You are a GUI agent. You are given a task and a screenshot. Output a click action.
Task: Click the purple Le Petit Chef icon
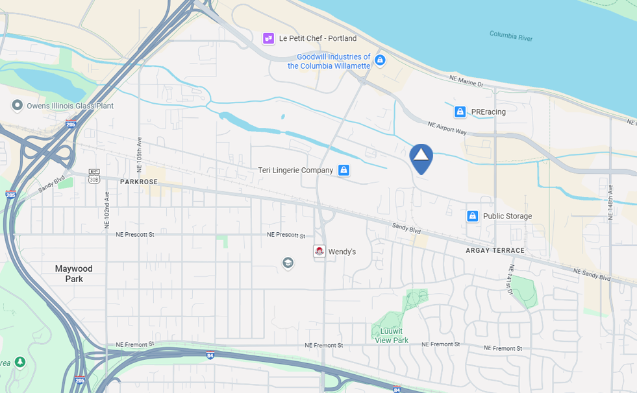pyautogui.click(x=268, y=38)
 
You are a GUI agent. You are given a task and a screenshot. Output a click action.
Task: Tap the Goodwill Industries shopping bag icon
pyautogui.click(x=381, y=60)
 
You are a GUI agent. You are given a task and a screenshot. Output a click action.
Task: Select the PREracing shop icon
pyautogui.click(x=460, y=112)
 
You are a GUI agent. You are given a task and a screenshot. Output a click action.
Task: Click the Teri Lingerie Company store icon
pyautogui.click(x=343, y=170)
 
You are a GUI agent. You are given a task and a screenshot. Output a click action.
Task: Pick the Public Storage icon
pyautogui.click(x=472, y=216)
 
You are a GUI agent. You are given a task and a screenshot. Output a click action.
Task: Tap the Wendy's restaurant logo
pyautogui.click(x=319, y=251)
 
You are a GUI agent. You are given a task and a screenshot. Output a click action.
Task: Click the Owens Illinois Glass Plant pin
pyautogui.click(x=17, y=106)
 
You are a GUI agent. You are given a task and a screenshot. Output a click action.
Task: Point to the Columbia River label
pyautogui.click(x=510, y=36)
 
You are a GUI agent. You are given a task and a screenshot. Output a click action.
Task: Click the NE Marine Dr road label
pyautogui.click(x=466, y=80)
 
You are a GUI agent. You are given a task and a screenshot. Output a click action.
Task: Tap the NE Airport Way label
pyautogui.click(x=447, y=127)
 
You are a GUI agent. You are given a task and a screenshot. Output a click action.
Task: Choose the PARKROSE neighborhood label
pyautogui.click(x=139, y=182)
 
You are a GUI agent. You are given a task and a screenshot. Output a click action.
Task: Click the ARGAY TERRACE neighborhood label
pyautogui.click(x=495, y=250)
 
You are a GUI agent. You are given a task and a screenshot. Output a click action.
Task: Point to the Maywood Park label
pyautogui.click(x=73, y=274)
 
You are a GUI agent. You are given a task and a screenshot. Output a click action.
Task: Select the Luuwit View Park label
pyautogui.click(x=392, y=336)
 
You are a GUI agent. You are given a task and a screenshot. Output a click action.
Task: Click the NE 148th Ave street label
pyautogui.click(x=610, y=202)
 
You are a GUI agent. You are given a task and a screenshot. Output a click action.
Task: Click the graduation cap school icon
pyautogui.click(x=288, y=263)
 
